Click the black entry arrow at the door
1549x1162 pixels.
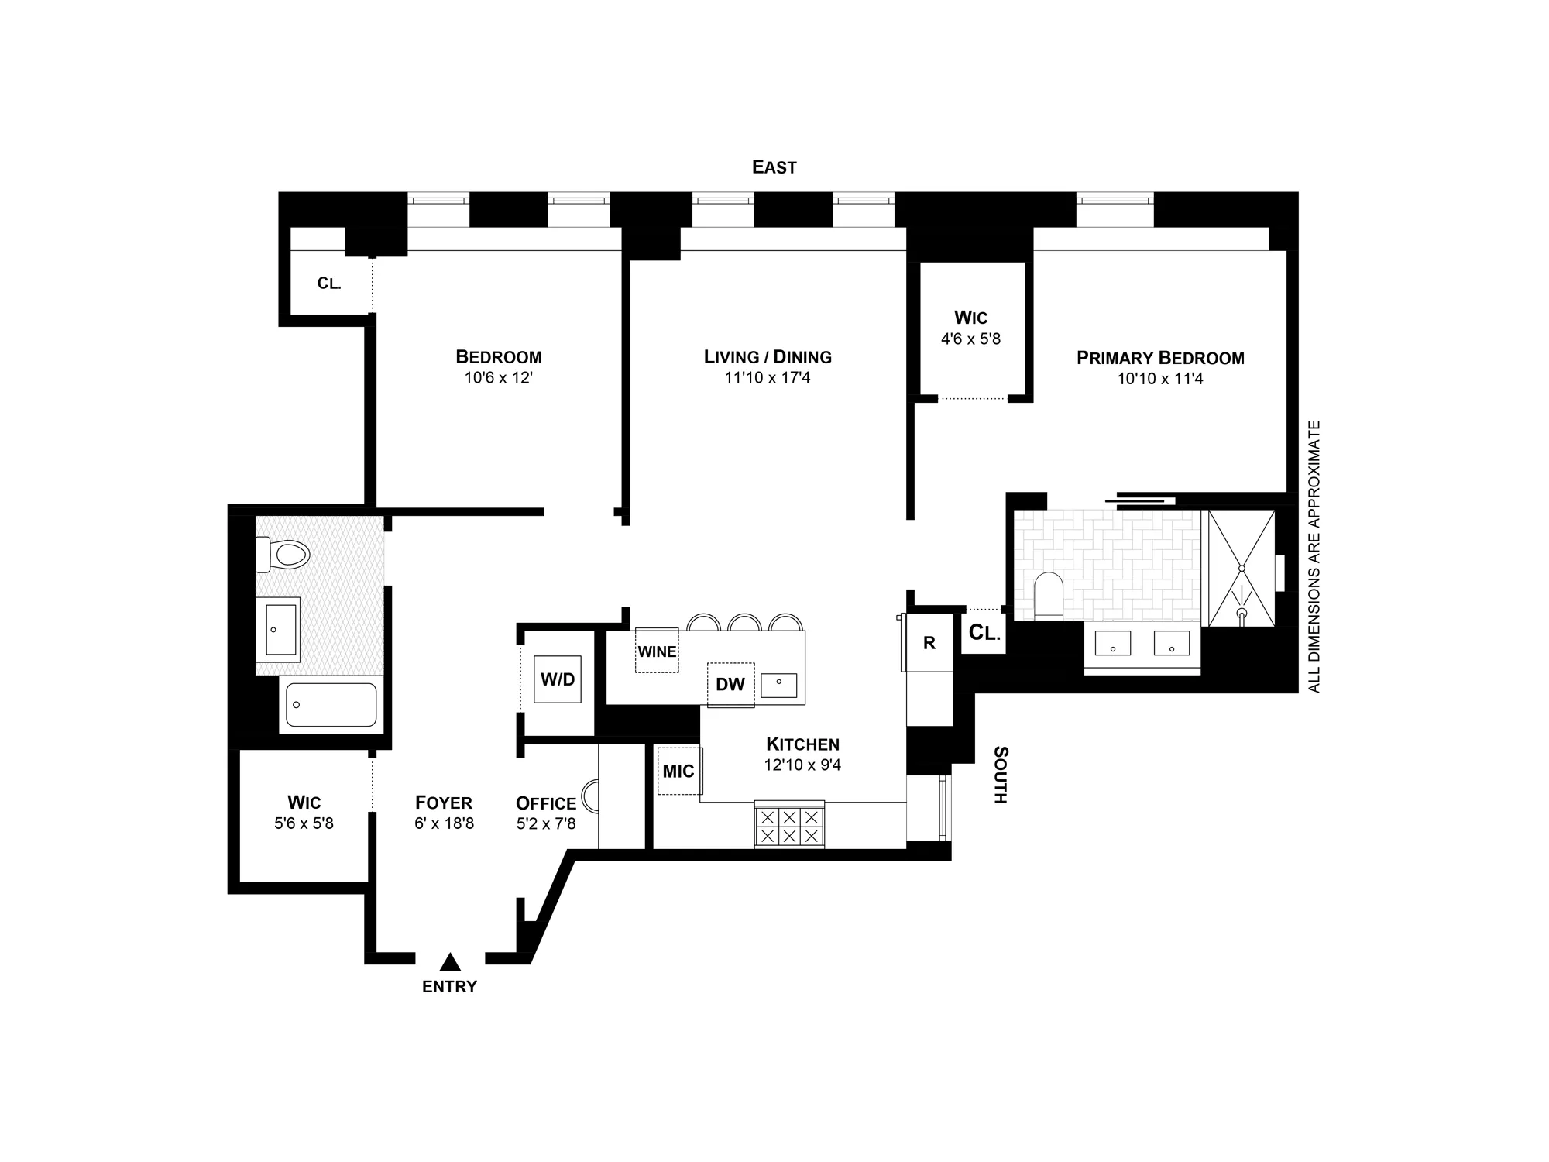pyautogui.click(x=450, y=962)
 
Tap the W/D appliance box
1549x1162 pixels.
pyautogui.click(x=558, y=679)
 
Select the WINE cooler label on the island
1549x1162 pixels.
pyautogui.click(x=657, y=651)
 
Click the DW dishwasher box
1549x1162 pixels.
pyautogui.click(x=730, y=684)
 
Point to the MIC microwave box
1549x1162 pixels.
pyautogui.click(x=678, y=771)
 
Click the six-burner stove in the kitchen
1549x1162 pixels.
pyautogui.click(x=789, y=826)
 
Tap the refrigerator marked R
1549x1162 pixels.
pyautogui.click(x=929, y=643)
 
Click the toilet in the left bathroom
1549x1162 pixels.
pyautogui.click(x=283, y=555)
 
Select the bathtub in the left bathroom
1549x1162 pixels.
pyautogui.click(x=331, y=704)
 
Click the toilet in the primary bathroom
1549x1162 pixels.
pyautogui.click(x=1049, y=595)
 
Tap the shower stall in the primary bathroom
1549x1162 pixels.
pyautogui.click(x=1242, y=568)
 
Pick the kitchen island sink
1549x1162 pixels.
pyautogui.click(x=779, y=685)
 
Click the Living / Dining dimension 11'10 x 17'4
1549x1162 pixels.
pyautogui.click(x=768, y=378)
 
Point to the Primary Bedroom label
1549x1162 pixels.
pyautogui.click(x=1160, y=358)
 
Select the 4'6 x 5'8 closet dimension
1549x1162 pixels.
pyautogui.click(x=970, y=339)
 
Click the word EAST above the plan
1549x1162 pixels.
pyautogui.click(x=774, y=167)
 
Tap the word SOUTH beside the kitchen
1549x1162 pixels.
pyautogui.click(x=1001, y=775)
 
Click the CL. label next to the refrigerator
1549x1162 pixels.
pyautogui.click(x=984, y=633)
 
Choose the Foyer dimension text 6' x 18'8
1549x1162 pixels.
pyautogui.click(x=444, y=823)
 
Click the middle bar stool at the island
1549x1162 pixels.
pyautogui.click(x=744, y=622)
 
